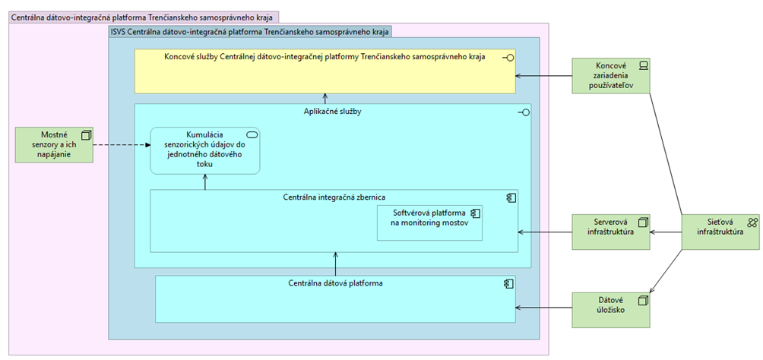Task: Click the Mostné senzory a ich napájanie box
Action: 54,144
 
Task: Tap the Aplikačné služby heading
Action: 331,112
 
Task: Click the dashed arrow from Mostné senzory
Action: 122,144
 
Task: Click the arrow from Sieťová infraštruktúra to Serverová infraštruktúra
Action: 666,232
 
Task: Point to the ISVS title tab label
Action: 249,32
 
